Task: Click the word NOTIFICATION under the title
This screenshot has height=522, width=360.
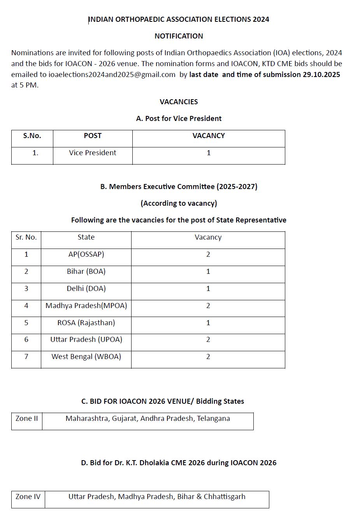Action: [x=179, y=36]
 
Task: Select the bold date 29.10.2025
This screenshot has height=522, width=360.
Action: [x=321, y=75]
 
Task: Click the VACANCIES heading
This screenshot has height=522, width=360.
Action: [x=179, y=102]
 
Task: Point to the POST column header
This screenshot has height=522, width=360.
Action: [x=93, y=136]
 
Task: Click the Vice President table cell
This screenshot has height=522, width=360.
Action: [x=93, y=153]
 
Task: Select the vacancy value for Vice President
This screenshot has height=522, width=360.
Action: [x=209, y=153]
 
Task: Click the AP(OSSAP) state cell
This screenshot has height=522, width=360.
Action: [x=86, y=254]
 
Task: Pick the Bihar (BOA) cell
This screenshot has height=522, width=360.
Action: [x=86, y=272]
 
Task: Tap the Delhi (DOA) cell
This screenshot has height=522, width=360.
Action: [x=86, y=289]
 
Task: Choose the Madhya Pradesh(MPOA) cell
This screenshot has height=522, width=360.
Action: [x=86, y=306]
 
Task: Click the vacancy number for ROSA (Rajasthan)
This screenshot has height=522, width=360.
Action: [x=208, y=323]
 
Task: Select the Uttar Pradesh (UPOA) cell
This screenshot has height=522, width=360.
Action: [x=86, y=340]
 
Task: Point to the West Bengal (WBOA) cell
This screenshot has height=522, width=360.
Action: [x=86, y=357]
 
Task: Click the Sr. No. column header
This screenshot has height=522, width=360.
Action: [x=26, y=237]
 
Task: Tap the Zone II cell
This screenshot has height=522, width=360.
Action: [x=27, y=419]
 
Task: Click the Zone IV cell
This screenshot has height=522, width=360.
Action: [x=28, y=497]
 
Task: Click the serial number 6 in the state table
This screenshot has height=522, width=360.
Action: [x=26, y=340]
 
